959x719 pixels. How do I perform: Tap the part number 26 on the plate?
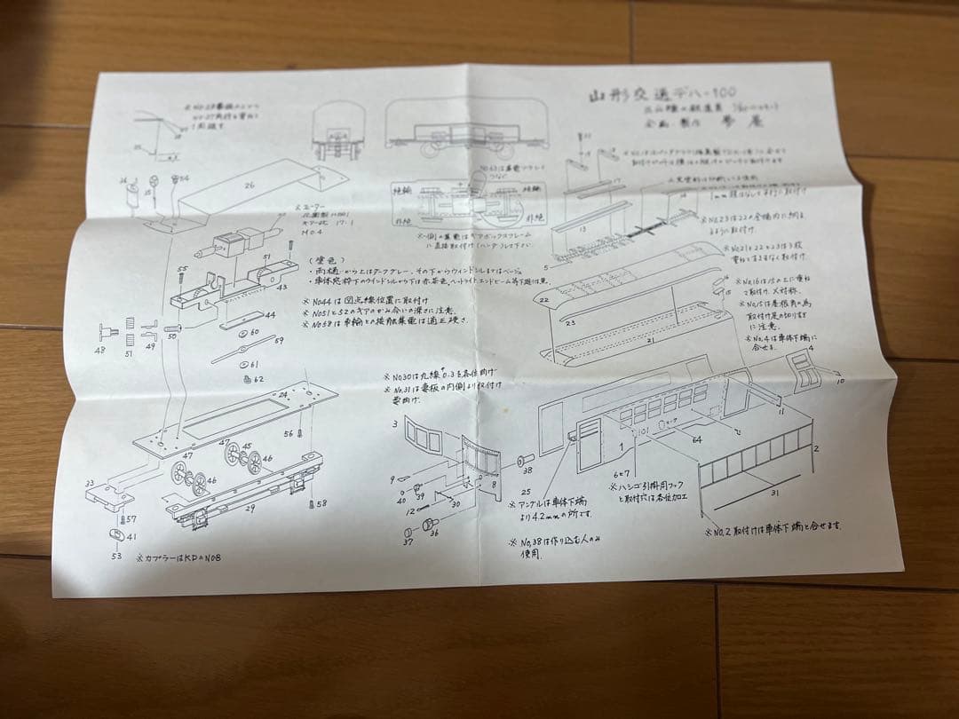[250, 186]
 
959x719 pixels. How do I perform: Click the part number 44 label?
[269, 314]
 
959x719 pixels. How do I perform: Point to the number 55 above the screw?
[182, 269]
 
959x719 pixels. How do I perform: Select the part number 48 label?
[111, 350]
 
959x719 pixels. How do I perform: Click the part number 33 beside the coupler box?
[89, 484]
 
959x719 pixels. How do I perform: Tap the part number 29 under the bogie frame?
[250, 509]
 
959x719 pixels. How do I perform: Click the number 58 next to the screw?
[321, 503]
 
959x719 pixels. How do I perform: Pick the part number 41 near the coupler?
[131, 537]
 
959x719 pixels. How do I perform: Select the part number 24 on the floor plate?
[283, 394]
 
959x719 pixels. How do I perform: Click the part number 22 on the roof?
[543, 301]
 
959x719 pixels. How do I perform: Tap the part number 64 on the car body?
[696, 439]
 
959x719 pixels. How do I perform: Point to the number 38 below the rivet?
[527, 471]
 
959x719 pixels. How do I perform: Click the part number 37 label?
[408, 541]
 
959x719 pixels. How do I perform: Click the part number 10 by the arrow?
[840, 380]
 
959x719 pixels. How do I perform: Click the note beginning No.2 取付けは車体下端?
[773, 526]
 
